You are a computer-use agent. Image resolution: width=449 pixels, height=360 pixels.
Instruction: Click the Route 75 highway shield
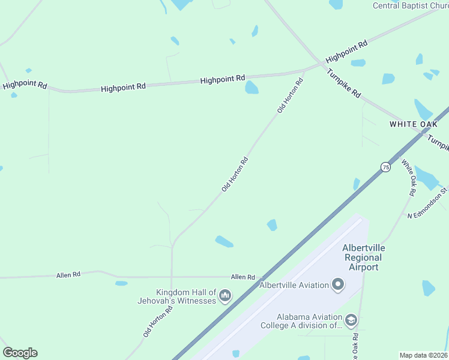coord(385,167)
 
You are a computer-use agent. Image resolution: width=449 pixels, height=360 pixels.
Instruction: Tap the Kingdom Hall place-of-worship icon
coord(226,295)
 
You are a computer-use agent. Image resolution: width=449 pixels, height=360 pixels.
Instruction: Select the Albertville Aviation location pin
coord(337,285)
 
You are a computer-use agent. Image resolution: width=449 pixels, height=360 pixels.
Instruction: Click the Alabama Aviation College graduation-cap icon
coord(351,321)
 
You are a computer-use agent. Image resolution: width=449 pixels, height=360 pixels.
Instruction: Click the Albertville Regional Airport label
coord(364,257)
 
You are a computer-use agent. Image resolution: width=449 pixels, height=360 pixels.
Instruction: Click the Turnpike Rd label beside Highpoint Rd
coord(344,85)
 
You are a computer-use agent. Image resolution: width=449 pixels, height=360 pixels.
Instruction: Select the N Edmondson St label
coord(427,203)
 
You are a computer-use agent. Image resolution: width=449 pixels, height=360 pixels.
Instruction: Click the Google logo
coord(20,353)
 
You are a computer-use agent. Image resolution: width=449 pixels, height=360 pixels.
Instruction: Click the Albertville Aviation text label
coord(294,285)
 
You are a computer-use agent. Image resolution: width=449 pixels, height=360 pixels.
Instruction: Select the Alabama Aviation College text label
coord(309,321)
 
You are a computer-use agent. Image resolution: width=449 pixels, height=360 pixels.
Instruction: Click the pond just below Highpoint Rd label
coord(252,88)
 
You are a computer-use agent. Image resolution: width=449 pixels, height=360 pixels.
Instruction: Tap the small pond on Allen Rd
coord(121,283)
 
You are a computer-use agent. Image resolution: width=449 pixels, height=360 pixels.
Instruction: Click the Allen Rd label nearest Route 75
coord(243,277)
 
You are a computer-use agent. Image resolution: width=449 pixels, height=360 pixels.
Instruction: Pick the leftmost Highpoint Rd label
coord(25,85)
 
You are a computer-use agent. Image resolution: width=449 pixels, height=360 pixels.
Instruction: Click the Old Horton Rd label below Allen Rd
coord(158,321)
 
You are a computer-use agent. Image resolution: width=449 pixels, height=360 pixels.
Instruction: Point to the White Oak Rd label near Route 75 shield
coord(408,178)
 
